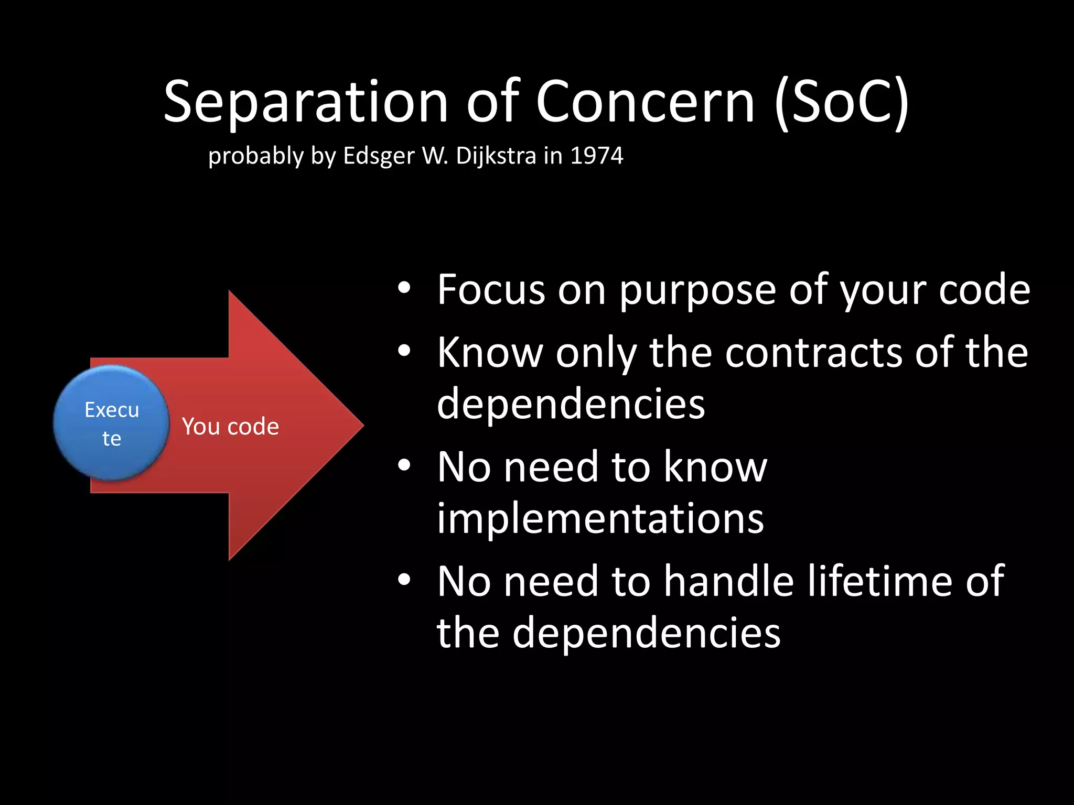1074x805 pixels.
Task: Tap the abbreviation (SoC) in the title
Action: [841, 102]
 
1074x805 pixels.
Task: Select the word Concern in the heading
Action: [645, 102]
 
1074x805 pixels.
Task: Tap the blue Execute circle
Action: [111, 423]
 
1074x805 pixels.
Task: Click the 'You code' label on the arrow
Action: [230, 427]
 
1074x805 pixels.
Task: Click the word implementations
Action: [600, 518]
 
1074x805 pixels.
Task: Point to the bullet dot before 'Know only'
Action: [403, 351]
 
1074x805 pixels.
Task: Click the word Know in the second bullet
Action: [490, 353]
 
